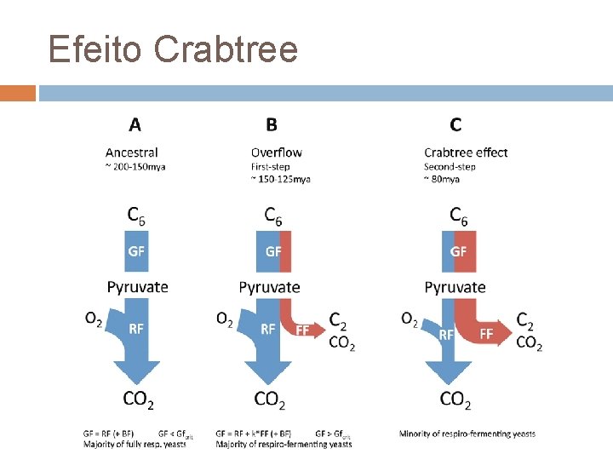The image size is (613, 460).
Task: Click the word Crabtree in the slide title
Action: pos(226,49)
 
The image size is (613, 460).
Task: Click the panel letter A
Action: pos(135,125)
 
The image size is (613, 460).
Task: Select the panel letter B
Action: pos(271,125)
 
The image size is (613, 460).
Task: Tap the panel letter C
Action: pos(455,125)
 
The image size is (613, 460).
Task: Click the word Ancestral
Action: pos(132,152)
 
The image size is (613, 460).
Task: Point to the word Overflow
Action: pos(276,152)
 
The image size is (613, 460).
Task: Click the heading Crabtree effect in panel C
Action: pos(466,152)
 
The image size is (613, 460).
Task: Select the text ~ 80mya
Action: pos(442,180)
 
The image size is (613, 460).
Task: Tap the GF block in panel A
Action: pos(136,251)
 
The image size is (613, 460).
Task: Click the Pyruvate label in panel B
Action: pos(270,287)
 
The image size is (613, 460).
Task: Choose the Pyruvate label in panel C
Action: pos(455,287)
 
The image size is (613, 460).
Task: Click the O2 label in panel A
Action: pos(94,319)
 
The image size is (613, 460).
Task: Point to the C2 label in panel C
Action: pos(527,321)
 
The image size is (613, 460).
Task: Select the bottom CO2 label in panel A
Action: pos(139,399)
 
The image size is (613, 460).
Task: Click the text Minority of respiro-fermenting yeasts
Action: pos(467,434)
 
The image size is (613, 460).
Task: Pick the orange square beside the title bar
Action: pos(18,93)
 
